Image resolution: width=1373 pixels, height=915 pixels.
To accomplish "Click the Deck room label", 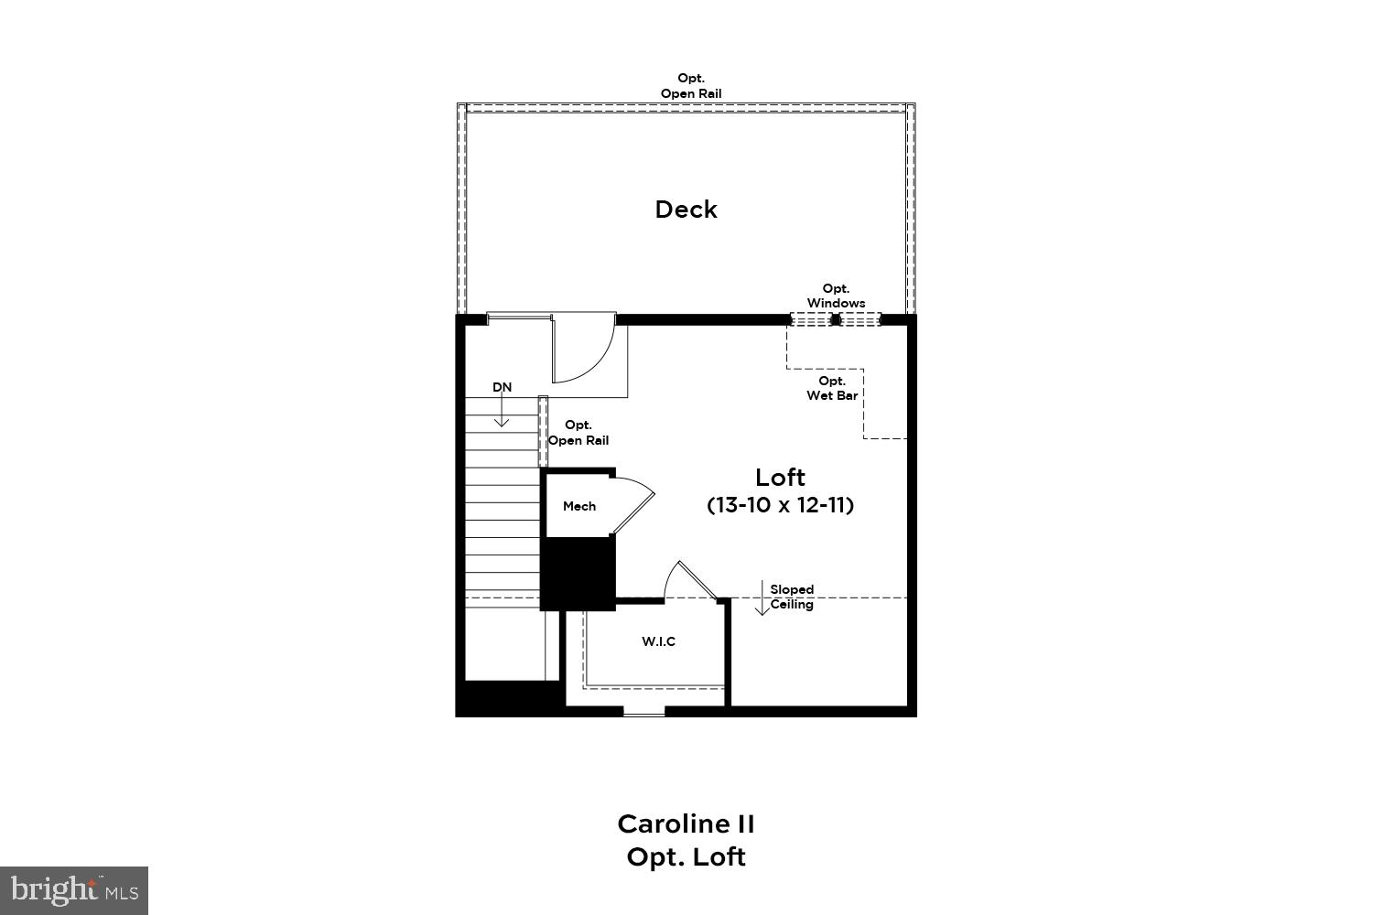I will tap(686, 210).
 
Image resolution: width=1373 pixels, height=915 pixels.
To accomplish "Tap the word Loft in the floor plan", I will tap(780, 477).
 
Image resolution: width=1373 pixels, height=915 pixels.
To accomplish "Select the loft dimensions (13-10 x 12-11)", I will tap(780, 504).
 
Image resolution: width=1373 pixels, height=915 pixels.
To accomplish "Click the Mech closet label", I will tap(579, 506).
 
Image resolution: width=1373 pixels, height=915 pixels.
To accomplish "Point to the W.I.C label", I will tap(658, 641).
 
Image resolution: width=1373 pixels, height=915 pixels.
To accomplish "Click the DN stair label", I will tap(502, 387).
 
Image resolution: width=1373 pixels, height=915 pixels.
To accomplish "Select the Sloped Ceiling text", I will tap(792, 597).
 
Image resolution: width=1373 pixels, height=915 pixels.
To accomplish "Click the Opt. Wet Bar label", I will tap(832, 388).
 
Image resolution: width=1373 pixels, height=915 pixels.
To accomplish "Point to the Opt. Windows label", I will tap(836, 296).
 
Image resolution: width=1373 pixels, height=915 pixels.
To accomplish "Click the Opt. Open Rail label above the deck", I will tap(691, 86).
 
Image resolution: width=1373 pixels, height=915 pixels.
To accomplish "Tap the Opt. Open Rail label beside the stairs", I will tap(578, 433).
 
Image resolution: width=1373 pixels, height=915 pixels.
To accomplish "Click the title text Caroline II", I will tap(686, 823).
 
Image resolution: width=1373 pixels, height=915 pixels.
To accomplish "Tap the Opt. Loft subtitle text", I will tap(686, 857).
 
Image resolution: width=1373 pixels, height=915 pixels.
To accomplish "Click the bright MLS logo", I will tap(73, 889).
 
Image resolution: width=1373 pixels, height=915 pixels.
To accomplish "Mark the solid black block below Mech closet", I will tap(578, 572).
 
